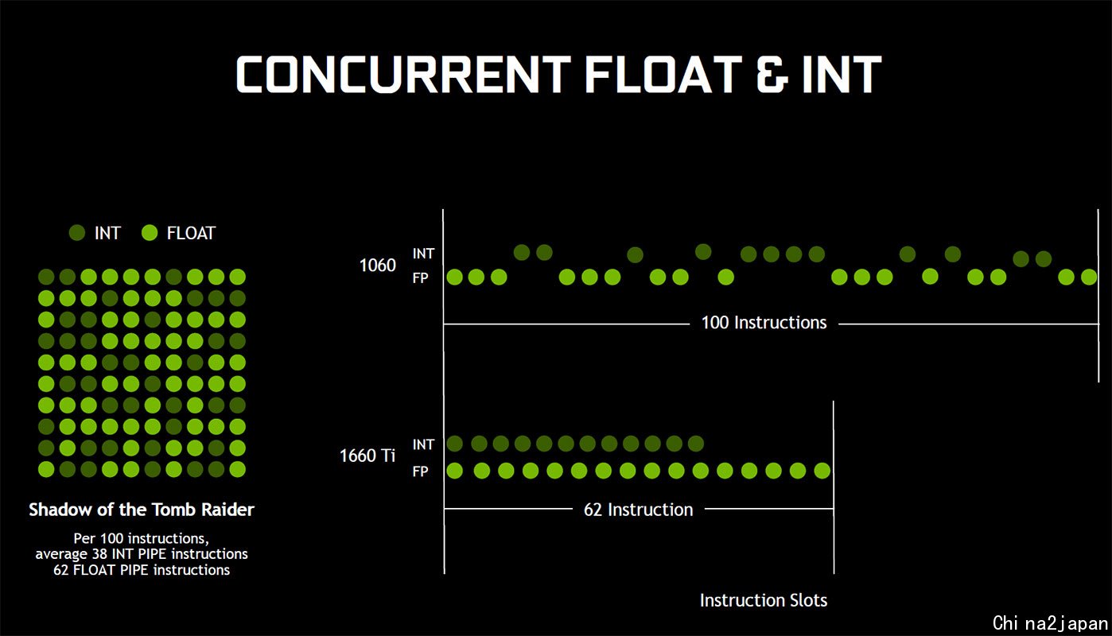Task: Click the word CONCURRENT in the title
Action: click(x=403, y=75)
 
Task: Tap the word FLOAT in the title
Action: click(x=663, y=75)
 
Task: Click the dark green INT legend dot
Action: click(x=77, y=233)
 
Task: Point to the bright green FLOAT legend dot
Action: click(x=150, y=233)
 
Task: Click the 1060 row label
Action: click(x=377, y=266)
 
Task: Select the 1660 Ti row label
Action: click(x=367, y=456)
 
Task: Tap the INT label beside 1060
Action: click(x=423, y=254)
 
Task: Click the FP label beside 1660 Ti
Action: click(x=421, y=471)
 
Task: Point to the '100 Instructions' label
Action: click(x=764, y=323)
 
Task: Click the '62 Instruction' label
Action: click(x=639, y=510)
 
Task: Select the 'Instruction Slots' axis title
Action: click(x=764, y=600)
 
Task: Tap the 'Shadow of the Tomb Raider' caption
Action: click(x=142, y=510)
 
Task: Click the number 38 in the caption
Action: click(x=99, y=553)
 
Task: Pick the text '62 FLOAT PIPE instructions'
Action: click(x=142, y=570)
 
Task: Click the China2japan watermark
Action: click(x=1050, y=622)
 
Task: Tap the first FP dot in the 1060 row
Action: click(x=454, y=277)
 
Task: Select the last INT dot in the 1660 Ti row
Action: click(x=696, y=444)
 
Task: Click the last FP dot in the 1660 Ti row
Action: click(x=822, y=471)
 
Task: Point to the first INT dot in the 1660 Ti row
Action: click(x=454, y=444)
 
